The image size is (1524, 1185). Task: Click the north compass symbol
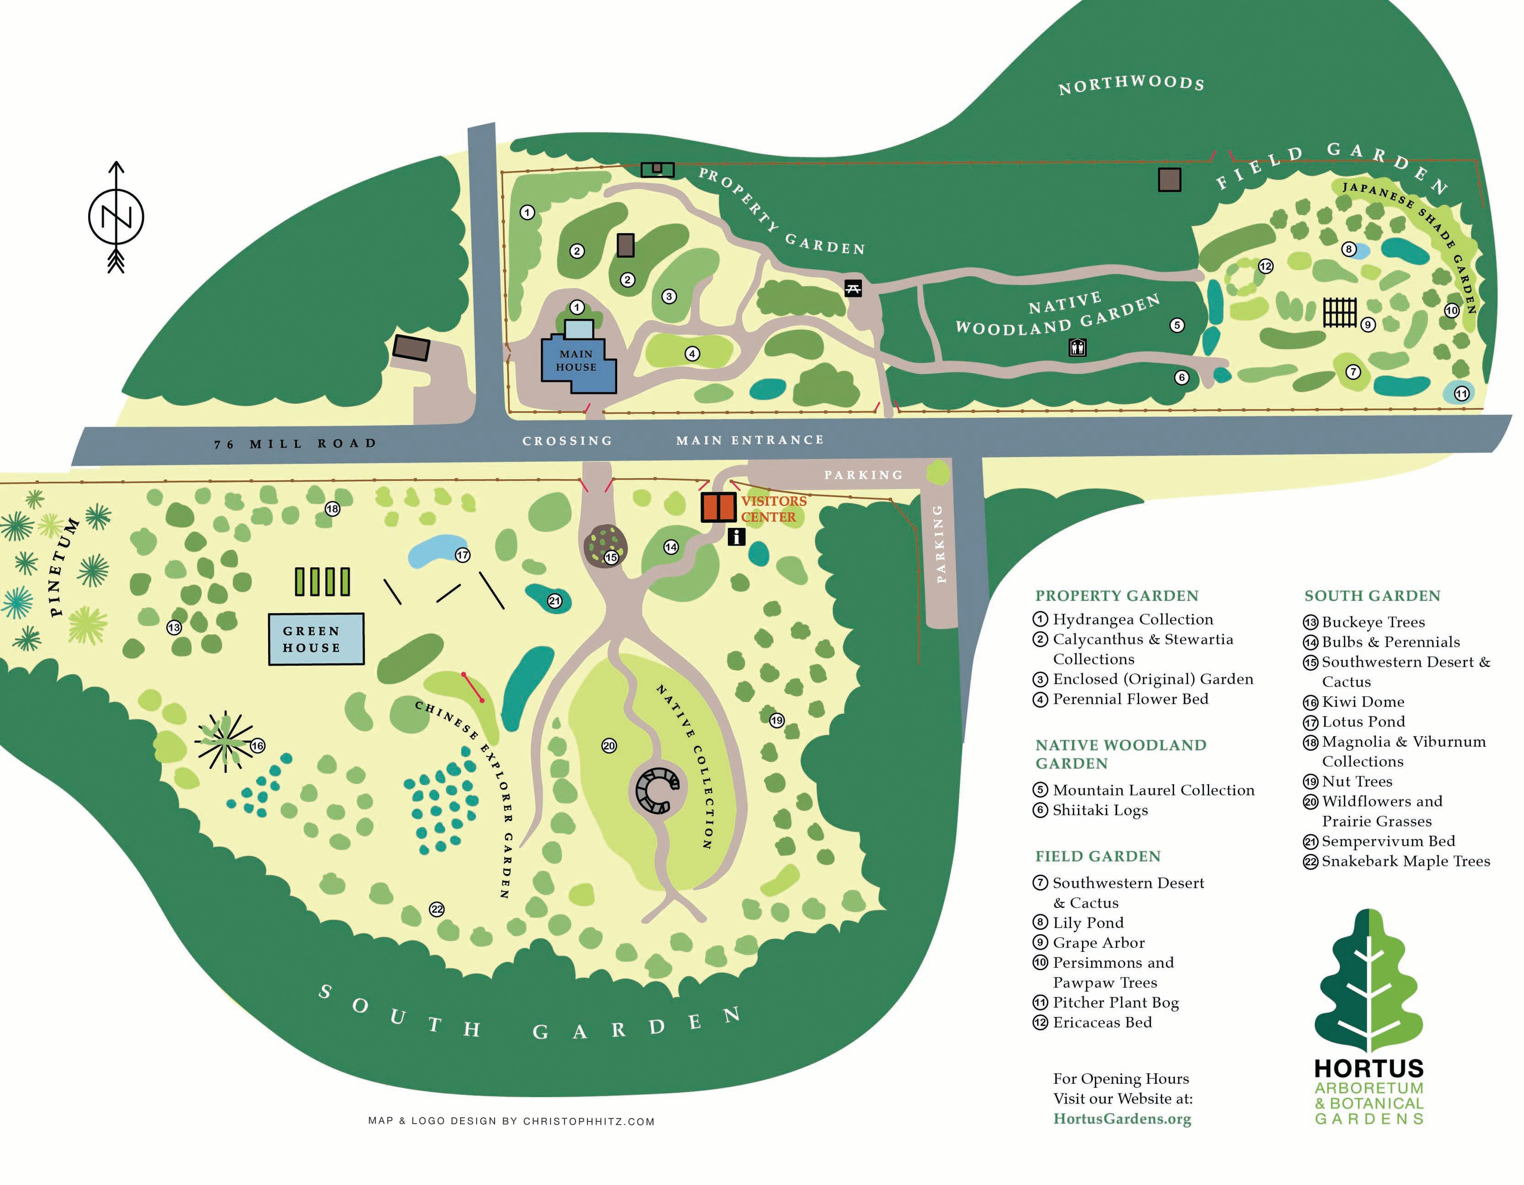tap(116, 217)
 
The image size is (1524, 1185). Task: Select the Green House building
tap(316, 639)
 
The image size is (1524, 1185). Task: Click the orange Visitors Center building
tap(718, 508)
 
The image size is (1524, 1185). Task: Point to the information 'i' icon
tap(736, 536)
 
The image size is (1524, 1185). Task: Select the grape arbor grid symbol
tap(1340, 312)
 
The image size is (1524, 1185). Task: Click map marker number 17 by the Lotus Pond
tap(463, 555)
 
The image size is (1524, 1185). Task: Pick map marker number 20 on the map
tap(609, 746)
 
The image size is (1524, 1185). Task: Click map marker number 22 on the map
tap(437, 909)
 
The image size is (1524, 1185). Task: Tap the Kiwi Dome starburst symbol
tap(225, 742)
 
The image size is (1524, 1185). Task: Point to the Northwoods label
tap(1131, 85)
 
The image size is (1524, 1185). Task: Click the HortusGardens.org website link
tap(1122, 1119)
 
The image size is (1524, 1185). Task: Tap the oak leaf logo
tap(1368, 981)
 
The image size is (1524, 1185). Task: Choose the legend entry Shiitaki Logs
tap(1100, 810)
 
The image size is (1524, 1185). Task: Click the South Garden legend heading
tap(1372, 596)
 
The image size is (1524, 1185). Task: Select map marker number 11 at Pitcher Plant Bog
tap(1461, 394)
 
